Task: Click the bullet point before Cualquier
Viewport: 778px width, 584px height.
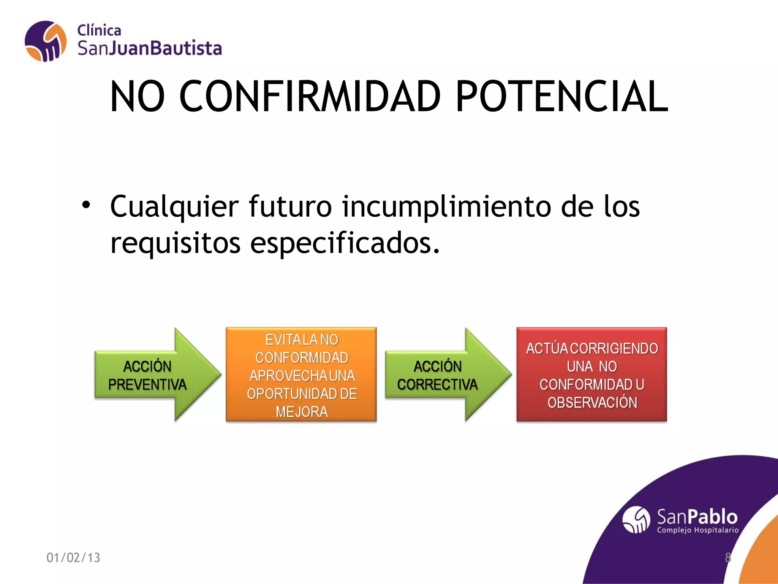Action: (86, 205)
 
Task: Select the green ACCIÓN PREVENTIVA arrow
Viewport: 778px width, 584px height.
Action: (152, 375)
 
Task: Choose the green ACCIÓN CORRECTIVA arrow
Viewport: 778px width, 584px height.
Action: (443, 375)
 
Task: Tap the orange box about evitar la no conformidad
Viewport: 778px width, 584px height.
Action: (301, 374)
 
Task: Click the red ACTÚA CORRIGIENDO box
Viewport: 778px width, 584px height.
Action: (591, 374)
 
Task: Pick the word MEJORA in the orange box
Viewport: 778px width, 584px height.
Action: (302, 412)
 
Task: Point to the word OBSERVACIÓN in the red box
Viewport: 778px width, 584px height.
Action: (592, 403)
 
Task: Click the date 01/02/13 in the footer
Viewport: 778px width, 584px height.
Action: (73, 557)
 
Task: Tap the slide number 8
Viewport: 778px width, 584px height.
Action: (728, 557)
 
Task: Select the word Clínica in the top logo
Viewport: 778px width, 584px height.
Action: (99, 30)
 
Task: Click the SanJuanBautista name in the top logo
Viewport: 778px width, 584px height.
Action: (150, 49)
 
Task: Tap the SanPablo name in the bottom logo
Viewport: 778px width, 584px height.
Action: (697, 517)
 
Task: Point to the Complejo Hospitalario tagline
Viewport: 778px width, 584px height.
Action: (698, 530)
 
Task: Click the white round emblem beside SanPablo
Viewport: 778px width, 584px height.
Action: (636, 520)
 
